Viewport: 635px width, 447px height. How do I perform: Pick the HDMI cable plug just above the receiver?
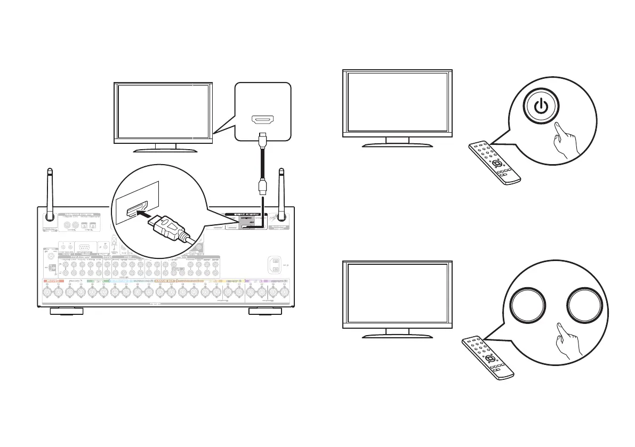click(x=262, y=186)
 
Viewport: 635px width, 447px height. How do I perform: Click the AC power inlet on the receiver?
click(x=275, y=265)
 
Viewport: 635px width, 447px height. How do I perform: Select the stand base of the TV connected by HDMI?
click(x=164, y=149)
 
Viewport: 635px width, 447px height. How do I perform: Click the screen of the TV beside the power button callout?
click(x=397, y=101)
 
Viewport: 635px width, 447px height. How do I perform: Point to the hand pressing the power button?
click(x=564, y=141)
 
